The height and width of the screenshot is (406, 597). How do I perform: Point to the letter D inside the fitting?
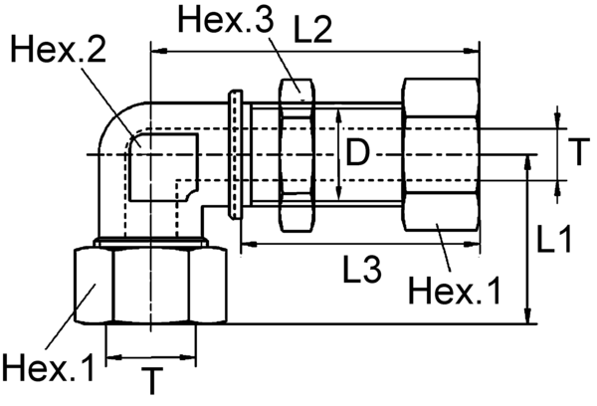(360, 152)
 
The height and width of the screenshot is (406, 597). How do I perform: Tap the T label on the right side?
(576, 151)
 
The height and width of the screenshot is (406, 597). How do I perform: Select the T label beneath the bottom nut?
(151, 382)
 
